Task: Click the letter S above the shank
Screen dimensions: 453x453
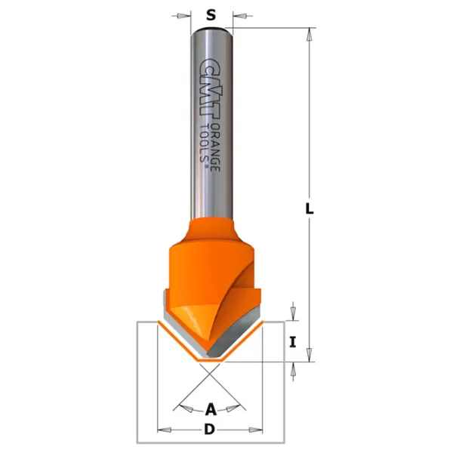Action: (x=211, y=15)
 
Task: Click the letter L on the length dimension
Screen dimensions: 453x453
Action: (x=310, y=208)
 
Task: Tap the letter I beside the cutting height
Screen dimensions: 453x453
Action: (x=293, y=342)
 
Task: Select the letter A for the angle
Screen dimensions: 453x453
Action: (x=211, y=409)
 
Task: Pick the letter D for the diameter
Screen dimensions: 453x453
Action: (x=210, y=430)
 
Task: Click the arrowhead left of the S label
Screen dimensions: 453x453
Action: (x=182, y=16)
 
